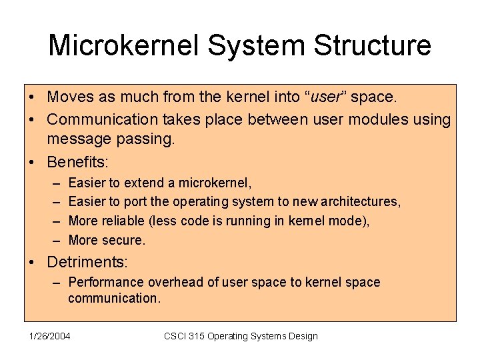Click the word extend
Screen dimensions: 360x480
point(141,182)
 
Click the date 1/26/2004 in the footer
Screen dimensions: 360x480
point(49,336)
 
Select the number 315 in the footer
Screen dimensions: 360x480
point(195,336)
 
